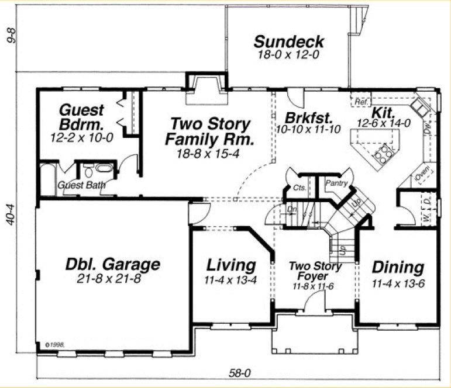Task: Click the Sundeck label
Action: (289, 41)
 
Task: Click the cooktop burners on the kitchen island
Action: (384, 154)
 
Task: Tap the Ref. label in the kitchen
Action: (360, 102)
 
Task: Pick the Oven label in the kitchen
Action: (423, 173)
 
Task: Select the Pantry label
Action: (336, 183)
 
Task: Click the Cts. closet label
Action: (299, 188)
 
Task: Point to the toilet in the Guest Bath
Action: (89, 173)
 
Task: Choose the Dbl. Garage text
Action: (112, 265)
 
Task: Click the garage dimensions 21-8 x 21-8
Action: (109, 279)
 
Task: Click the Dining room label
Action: (398, 268)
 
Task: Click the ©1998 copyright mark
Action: (51, 345)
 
